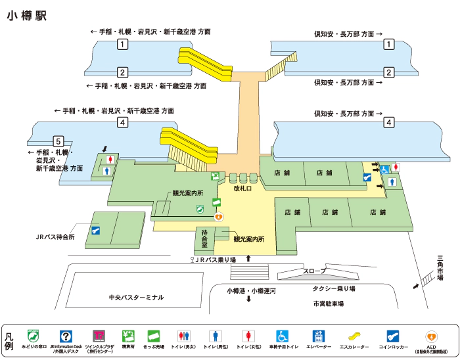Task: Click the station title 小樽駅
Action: click(x=28, y=15)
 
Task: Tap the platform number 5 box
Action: click(x=58, y=141)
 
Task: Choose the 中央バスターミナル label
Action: click(x=136, y=298)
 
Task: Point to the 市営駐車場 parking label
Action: click(x=329, y=304)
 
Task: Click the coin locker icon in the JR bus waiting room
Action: click(x=97, y=230)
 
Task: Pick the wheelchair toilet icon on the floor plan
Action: click(x=385, y=169)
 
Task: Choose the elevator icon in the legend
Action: click(x=319, y=336)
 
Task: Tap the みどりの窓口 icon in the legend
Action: click(x=32, y=336)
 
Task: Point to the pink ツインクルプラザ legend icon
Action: click(x=99, y=336)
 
